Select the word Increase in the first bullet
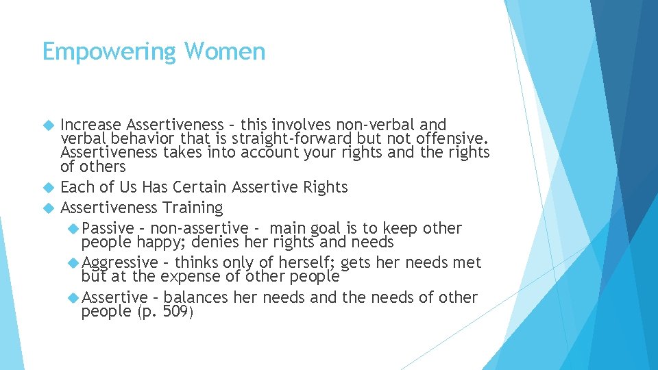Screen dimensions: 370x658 pyautogui.click(x=90, y=125)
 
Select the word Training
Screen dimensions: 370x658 pyautogui.click(x=193, y=208)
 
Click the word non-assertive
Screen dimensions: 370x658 pyautogui.click(x=199, y=229)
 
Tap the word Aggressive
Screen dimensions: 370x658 pyautogui.click(x=120, y=263)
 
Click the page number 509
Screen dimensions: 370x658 pyautogui.click(x=177, y=312)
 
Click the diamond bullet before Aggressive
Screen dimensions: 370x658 pyautogui.click(x=73, y=263)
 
